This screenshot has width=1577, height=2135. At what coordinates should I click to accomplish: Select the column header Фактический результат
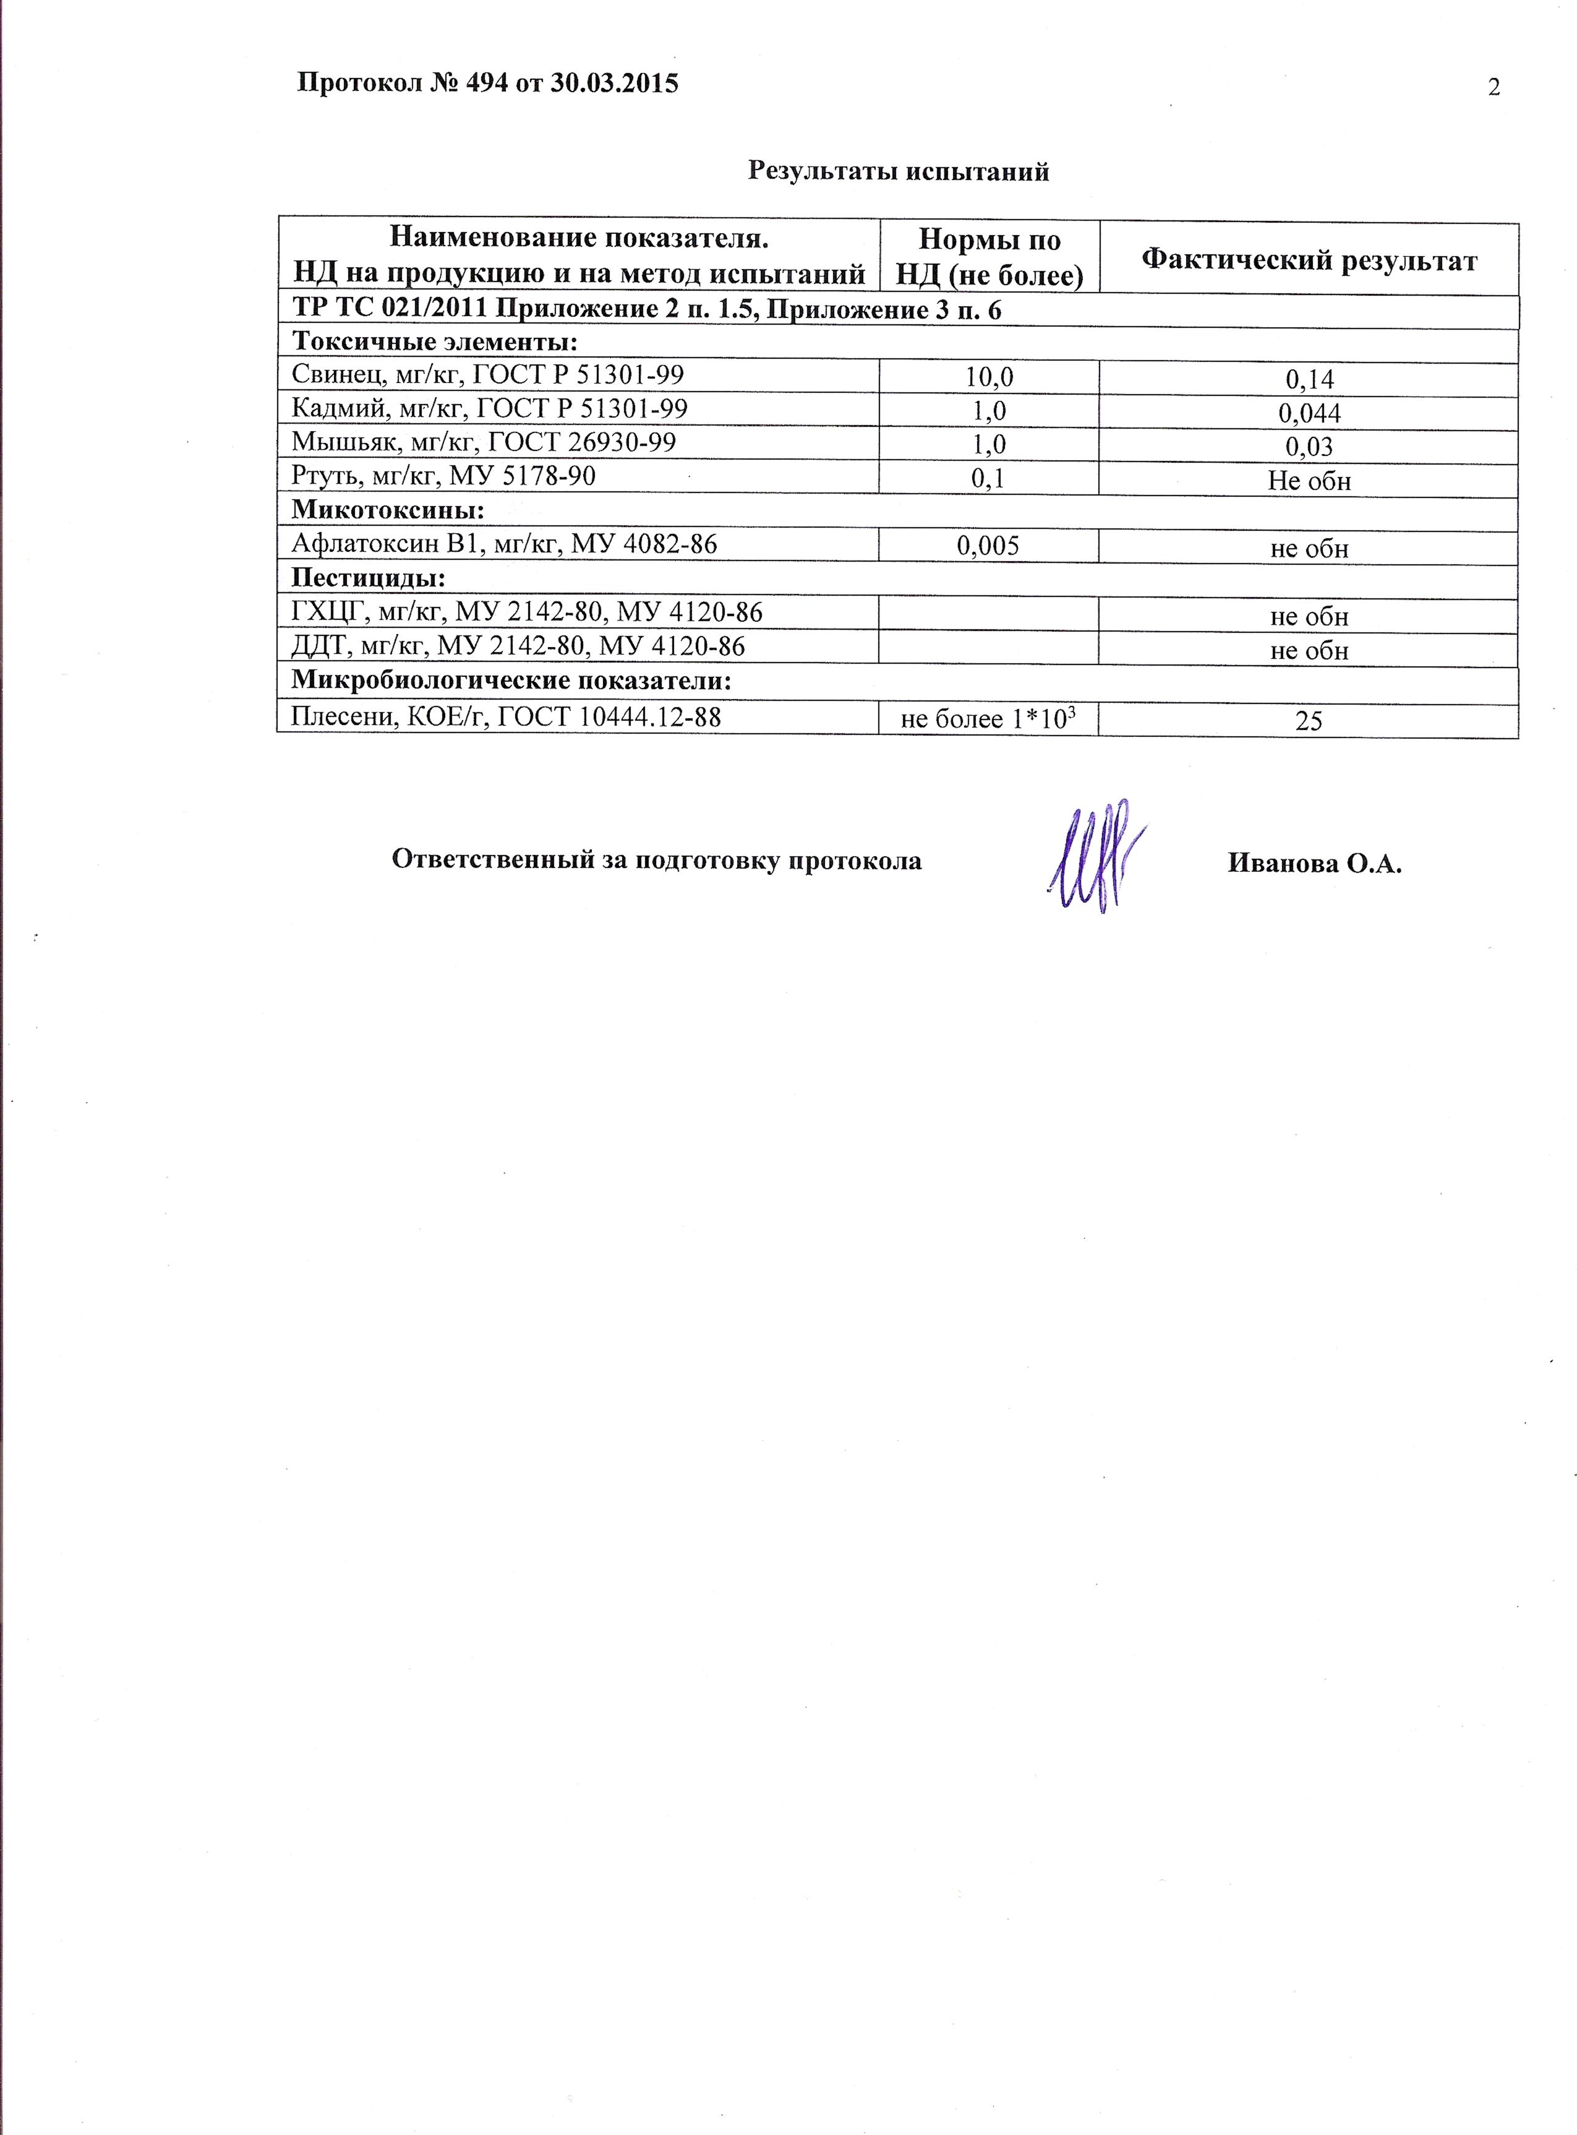point(1309,260)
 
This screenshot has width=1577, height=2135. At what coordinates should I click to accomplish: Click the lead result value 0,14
point(1309,380)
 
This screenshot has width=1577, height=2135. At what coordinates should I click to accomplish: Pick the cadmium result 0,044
point(1309,413)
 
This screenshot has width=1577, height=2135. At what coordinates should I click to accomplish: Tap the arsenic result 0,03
point(1309,447)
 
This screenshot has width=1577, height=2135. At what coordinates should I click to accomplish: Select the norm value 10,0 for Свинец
point(988,377)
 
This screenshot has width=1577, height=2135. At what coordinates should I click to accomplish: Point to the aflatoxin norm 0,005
point(988,545)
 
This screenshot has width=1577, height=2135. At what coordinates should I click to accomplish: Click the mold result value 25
point(1309,721)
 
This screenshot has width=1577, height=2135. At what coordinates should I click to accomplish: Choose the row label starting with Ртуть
point(443,476)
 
